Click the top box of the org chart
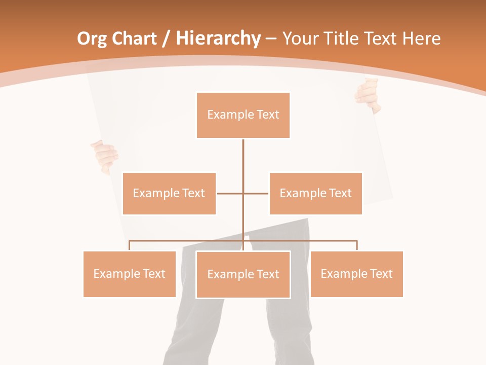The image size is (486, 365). pos(243,115)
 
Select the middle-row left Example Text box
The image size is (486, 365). pos(169,193)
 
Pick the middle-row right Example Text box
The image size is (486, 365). pos(315,193)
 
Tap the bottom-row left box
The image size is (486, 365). pos(130,274)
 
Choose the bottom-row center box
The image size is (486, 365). pos(243,274)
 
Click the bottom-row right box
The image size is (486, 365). pos(356,274)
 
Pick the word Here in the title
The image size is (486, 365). pos(421,39)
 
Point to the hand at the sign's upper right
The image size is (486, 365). pos(368,96)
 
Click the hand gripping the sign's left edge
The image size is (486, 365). pos(105,156)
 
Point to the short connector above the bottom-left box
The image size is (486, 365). pos(130,245)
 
